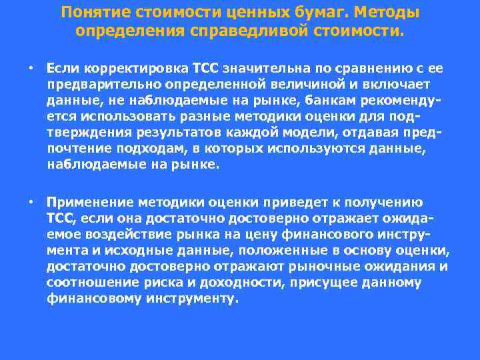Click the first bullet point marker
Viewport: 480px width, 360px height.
pyautogui.click(x=31, y=68)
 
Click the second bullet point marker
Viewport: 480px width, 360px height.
pyautogui.click(x=31, y=202)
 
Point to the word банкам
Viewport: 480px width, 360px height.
pyautogui.click(x=319, y=100)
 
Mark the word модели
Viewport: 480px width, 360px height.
pyautogui.click(x=306, y=132)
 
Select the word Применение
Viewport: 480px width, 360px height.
pyautogui.click(x=90, y=202)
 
